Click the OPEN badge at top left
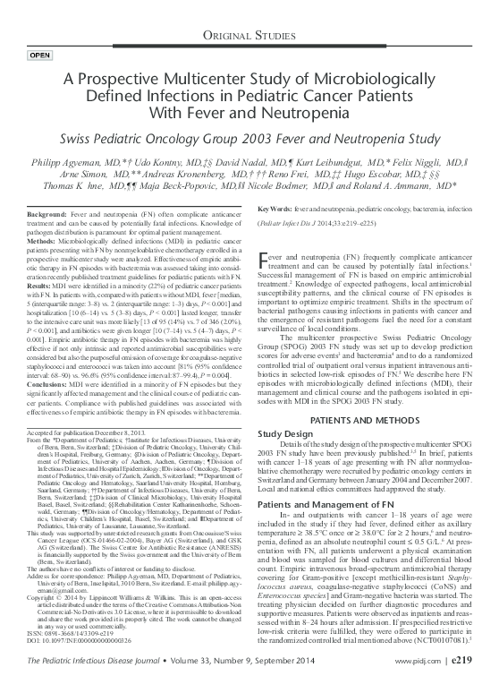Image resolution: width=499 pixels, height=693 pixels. coord(40,56)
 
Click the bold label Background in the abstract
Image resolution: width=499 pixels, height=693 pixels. coord(47,218)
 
